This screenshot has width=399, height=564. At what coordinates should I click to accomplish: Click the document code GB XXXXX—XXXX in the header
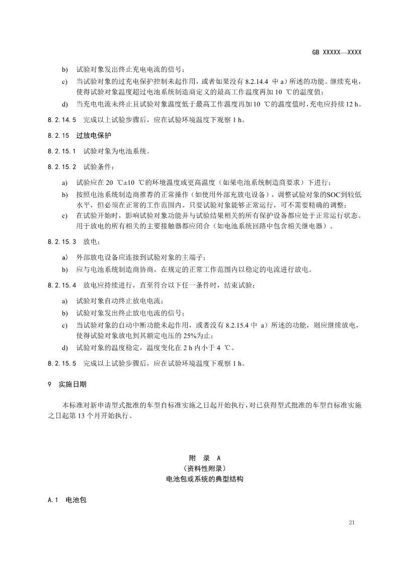click(337, 52)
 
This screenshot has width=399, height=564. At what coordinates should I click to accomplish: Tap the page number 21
click(352, 523)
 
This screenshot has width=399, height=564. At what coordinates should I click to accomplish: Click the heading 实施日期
click(72, 384)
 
